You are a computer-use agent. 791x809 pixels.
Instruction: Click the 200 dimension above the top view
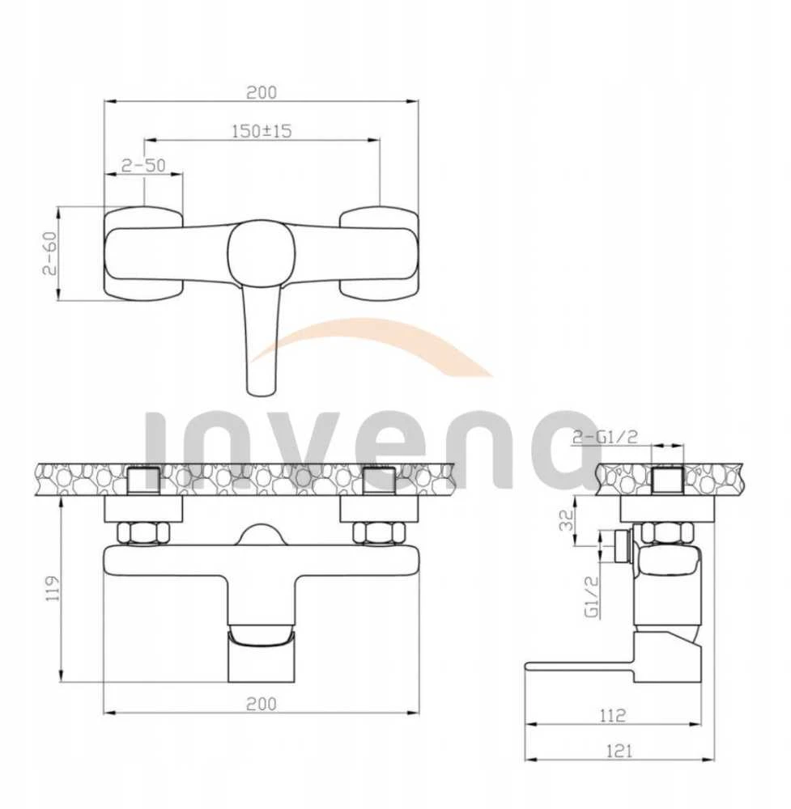tap(262, 93)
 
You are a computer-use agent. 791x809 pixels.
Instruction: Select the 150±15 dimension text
tap(262, 131)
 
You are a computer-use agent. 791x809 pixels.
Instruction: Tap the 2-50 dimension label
tap(143, 165)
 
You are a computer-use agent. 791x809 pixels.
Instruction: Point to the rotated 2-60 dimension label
tap(50, 252)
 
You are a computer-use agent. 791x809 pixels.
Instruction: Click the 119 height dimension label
tap(53, 588)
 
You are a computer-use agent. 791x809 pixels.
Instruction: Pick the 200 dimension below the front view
tap(262, 704)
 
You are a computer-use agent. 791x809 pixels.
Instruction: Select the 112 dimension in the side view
tap(613, 715)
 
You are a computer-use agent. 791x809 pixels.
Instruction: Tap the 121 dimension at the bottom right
tap(619, 751)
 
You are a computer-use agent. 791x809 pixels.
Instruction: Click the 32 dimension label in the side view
tap(567, 519)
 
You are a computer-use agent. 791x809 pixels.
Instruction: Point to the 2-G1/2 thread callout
tap(605, 438)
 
